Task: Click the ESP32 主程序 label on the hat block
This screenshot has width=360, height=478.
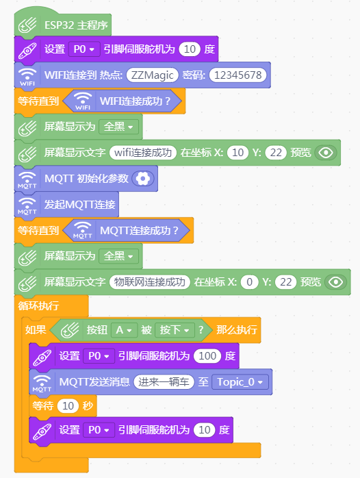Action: click(76, 25)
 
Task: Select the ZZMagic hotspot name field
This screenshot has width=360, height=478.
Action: click(153, 75)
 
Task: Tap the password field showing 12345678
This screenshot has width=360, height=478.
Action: click(238, 75)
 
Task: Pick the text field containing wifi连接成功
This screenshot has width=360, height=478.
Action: click(143, 153)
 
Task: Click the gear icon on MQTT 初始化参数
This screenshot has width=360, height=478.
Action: click(143, 179)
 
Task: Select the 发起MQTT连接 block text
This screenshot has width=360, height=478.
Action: click(80, 204)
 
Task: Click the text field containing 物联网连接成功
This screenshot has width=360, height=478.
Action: click(149, 282)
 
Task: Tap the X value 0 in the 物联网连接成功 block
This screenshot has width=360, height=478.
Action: click(249, 282)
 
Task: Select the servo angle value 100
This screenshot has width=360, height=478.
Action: click(207, 355)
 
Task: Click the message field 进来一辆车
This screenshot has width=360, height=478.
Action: click(164, 382)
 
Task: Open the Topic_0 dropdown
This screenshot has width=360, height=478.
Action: click(240, 382)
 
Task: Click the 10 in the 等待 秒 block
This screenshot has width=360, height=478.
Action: click(68, 405)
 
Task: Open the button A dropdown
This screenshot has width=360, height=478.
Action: click(124, 330)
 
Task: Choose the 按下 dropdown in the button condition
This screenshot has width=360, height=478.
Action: click(175, 330)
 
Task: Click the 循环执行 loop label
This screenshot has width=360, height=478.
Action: click(38, 305)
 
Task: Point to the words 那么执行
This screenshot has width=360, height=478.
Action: click(237, 330)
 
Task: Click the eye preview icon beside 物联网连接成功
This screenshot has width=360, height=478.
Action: click(335, 282)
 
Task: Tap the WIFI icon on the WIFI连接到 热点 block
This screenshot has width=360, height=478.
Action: click(27, 76)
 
